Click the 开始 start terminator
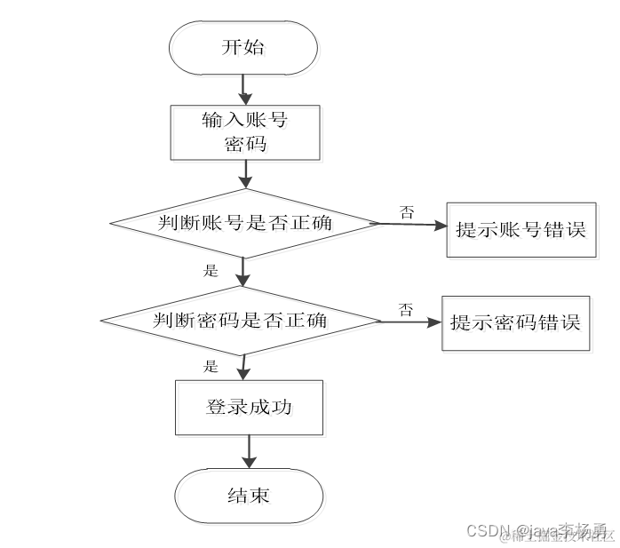(x=242, y=48)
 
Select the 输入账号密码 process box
(x=245, y=132)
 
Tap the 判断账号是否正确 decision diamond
(x=244, y=223)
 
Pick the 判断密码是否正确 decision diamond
(x=242, y=320)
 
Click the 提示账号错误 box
(x=521, y=230)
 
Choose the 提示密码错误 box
(x=515, y=322)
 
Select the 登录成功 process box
(x=250, y=409)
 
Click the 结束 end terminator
(x=248, y=496)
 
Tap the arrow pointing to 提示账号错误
(x=413, y=226)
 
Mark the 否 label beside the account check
(x=407, y=211)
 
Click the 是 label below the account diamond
(x=211, y=271)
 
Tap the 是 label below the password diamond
(x=211, y=366)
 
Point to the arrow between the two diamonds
(x=243, y=273)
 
